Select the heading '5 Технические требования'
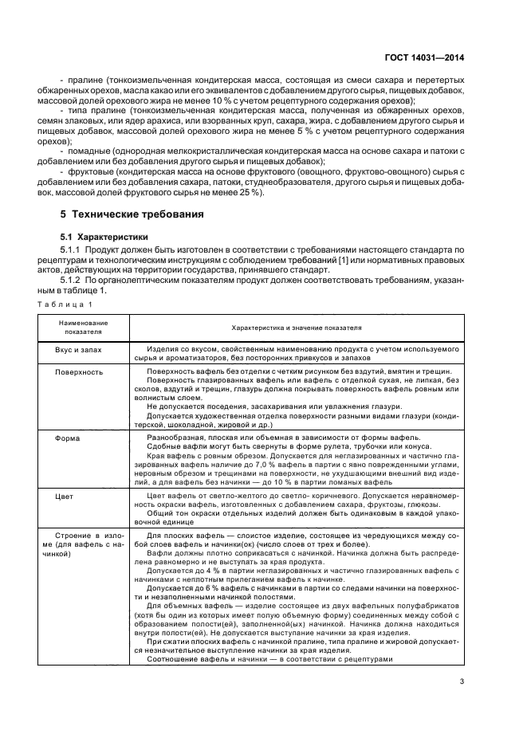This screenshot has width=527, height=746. coord(132,214)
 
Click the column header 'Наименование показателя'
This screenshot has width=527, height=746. coord(83,328)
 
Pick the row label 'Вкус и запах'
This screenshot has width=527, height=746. coord(79,350)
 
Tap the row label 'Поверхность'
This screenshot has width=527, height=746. coord(79,371)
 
